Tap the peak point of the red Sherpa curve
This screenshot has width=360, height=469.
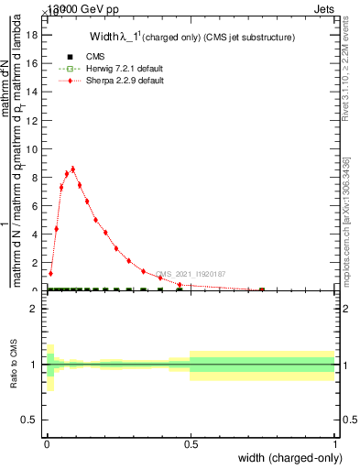pos(72,169)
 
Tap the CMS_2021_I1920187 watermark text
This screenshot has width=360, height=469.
pos(190,274)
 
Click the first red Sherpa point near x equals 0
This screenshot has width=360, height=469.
pos(50,273)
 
